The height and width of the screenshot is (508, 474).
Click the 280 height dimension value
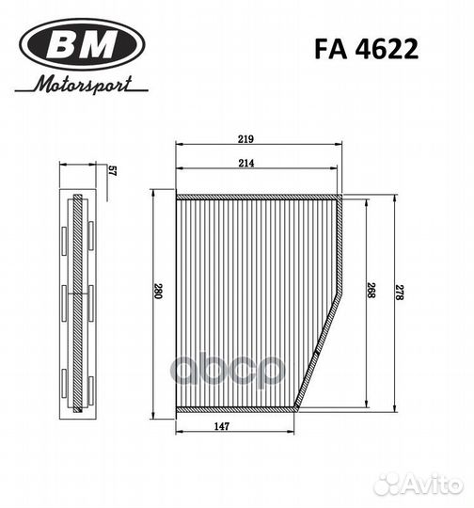160,294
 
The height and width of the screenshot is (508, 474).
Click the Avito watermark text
432,484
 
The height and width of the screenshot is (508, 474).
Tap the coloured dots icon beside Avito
387,483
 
